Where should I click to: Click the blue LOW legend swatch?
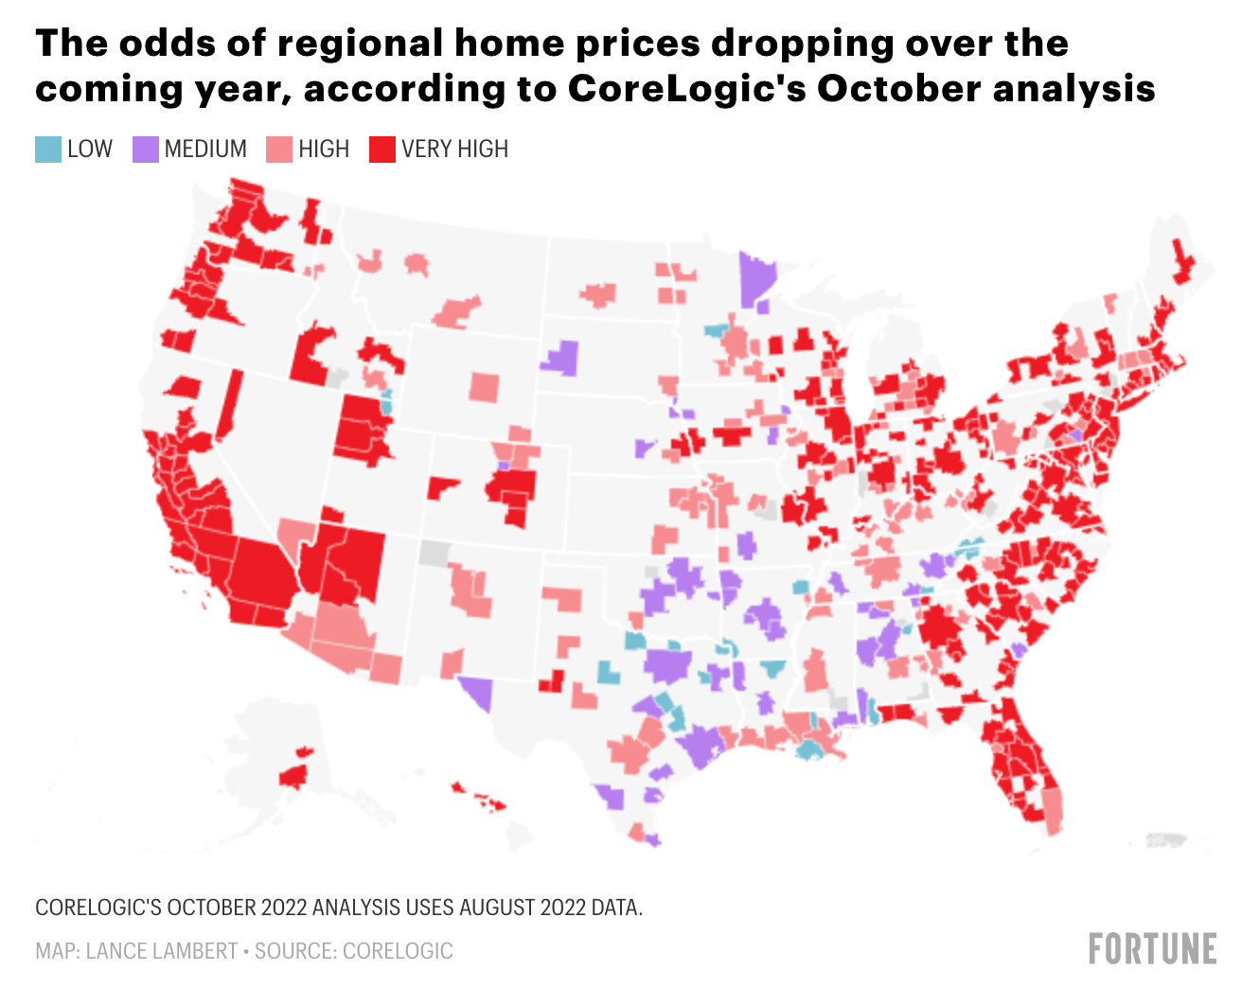(x=48, y=150)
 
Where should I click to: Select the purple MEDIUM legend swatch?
(x=145, y=150)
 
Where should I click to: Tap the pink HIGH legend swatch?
(x=279, y=150)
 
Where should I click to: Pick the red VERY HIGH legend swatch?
(x=381, y=150)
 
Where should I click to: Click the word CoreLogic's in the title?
(x=685, y=88)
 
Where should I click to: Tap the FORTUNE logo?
(x=1152, y=948)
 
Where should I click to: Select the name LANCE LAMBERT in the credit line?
(x=162, y=951)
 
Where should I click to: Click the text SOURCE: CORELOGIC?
(x=354, y=951)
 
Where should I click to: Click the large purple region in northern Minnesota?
(x=755, y=278)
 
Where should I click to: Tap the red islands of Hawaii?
(x=490, y=803)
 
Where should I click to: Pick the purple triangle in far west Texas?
(x=478, y=694)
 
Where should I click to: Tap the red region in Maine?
(x=1181, y=262)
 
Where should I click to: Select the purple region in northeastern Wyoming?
(x=562, y=358)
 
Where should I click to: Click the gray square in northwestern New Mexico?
(x=435, y=553)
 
